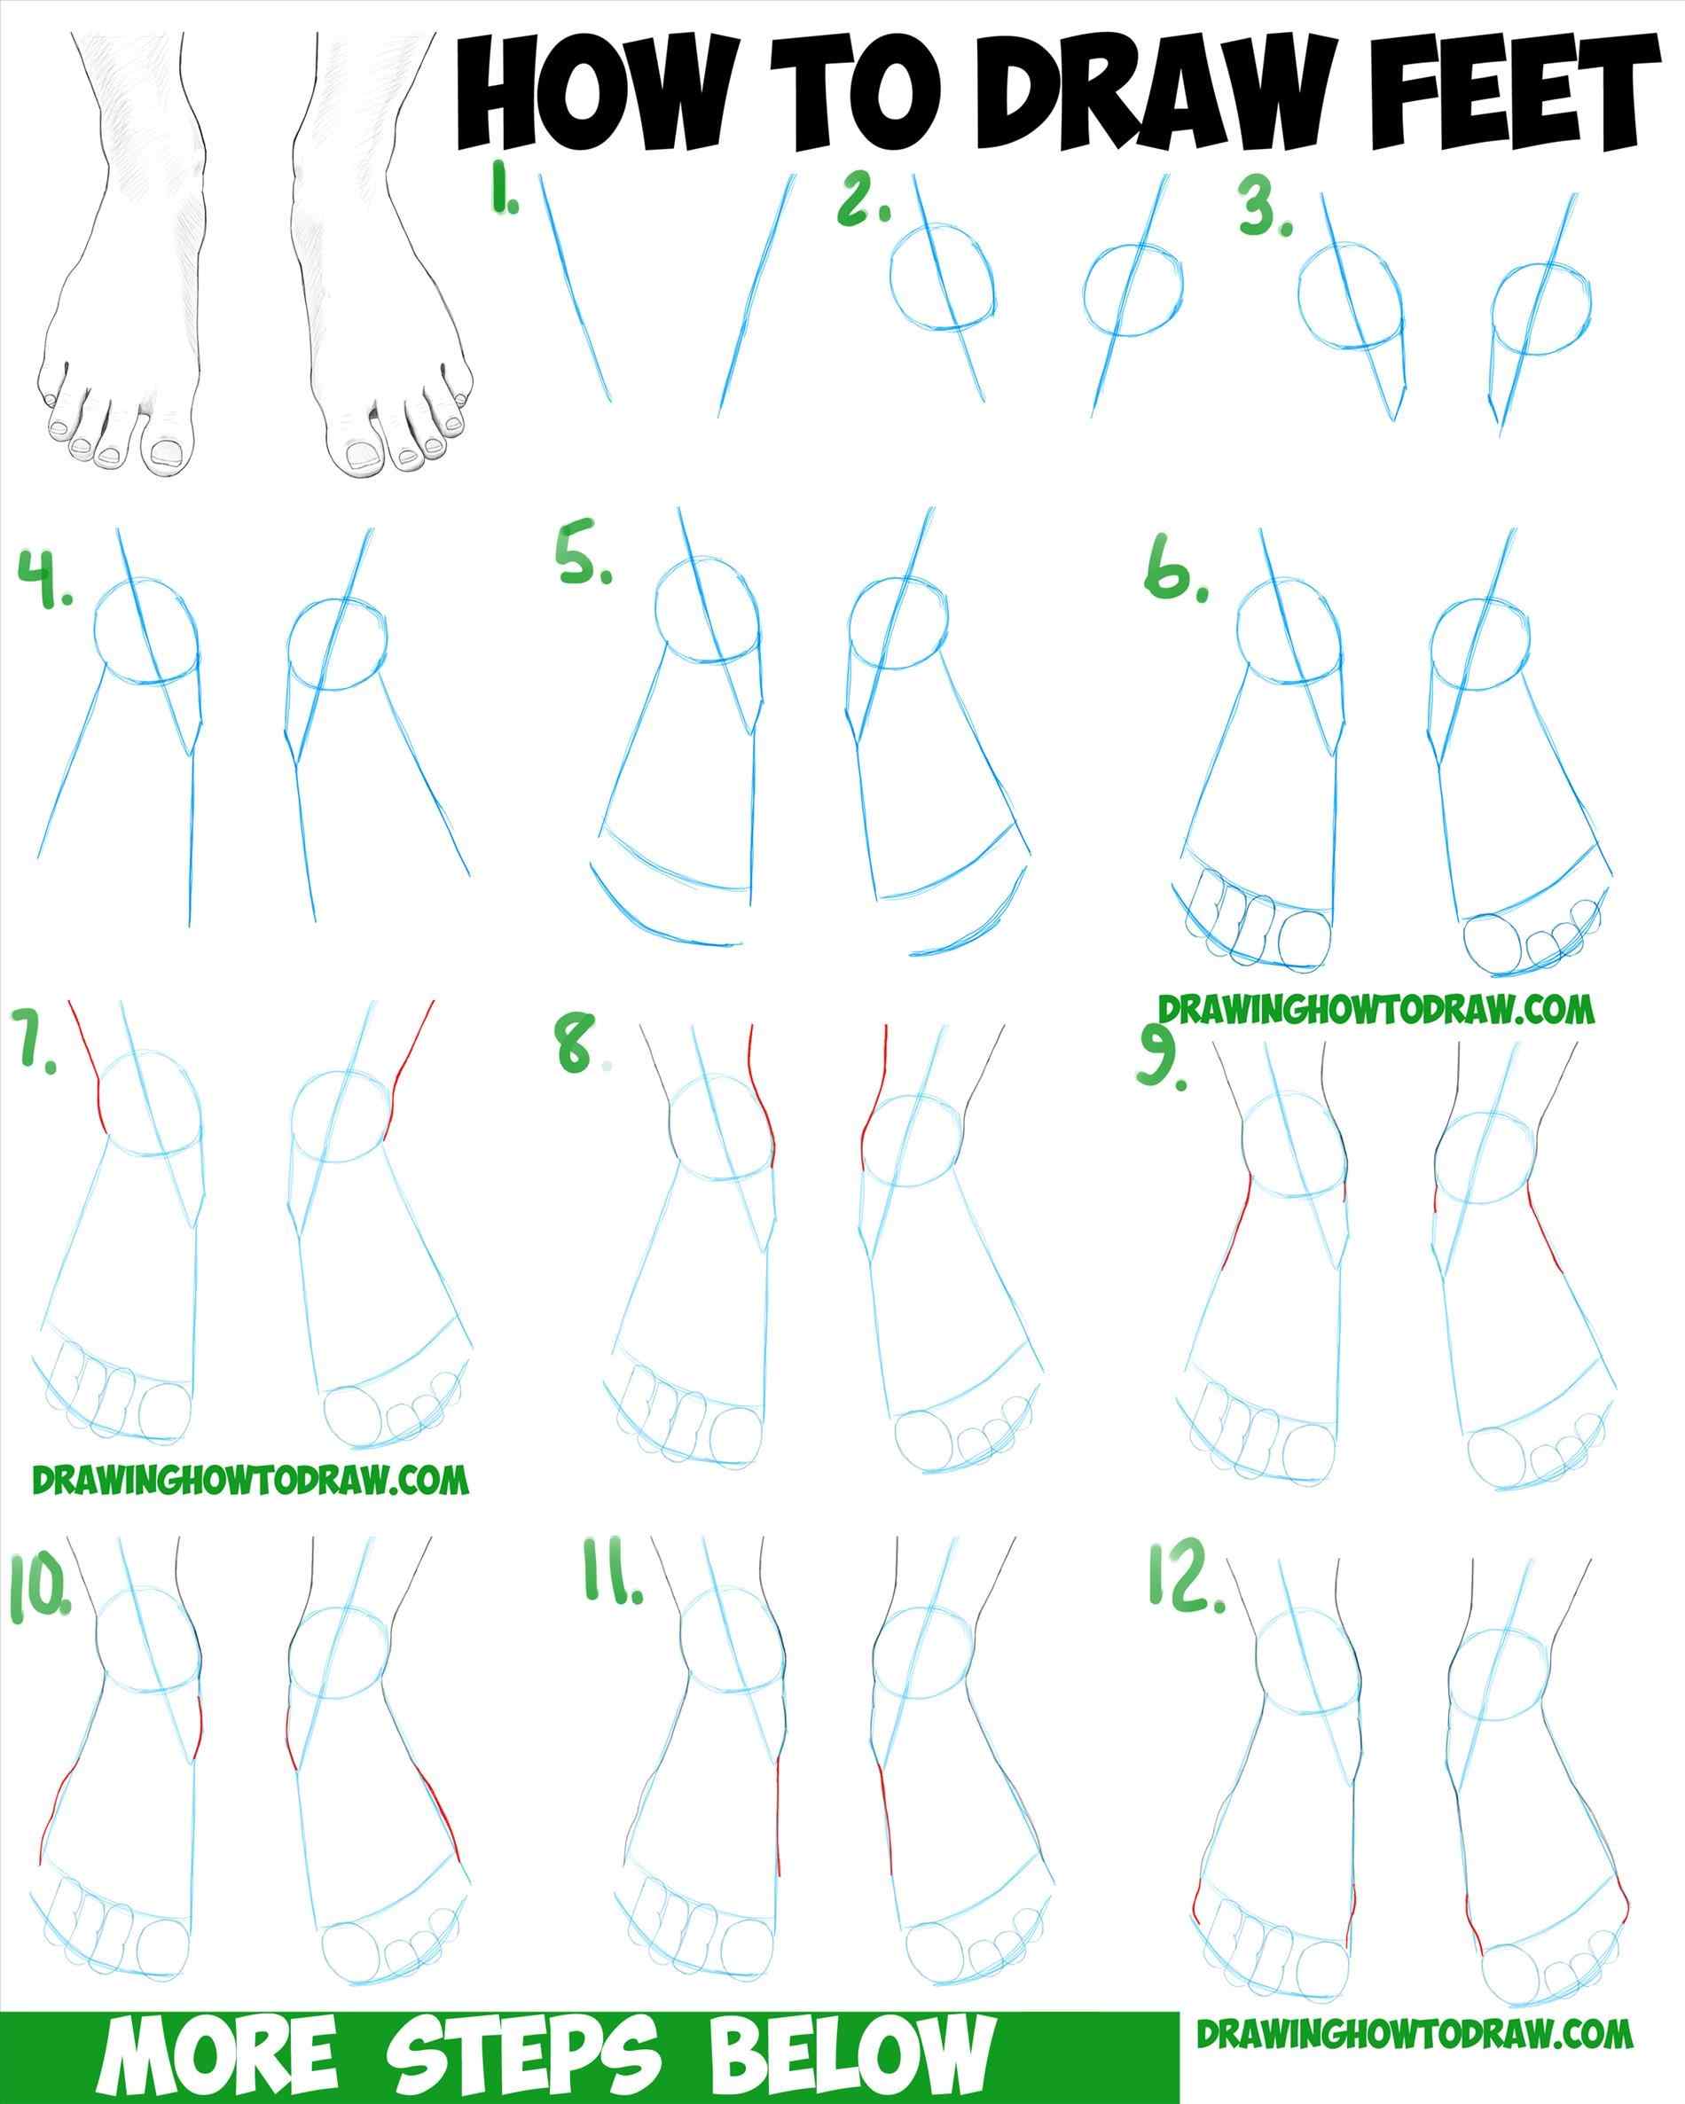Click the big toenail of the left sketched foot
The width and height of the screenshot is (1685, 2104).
pos(168,453)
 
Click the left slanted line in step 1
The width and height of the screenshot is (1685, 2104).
pos(576,293)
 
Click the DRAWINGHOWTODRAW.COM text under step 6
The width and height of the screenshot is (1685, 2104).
pos(1376,1008)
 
